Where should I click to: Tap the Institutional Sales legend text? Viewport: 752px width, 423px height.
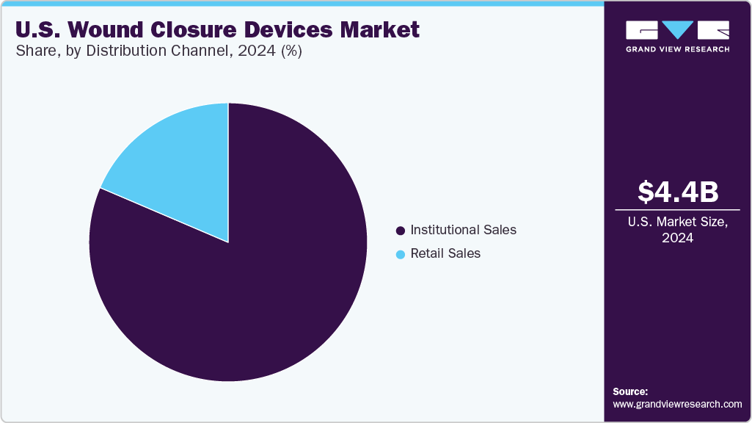point(463,230)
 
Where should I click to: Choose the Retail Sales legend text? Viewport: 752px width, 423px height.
point(445,253)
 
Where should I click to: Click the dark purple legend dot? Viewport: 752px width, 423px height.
point(401,231)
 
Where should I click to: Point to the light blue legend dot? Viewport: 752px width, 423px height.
point(401,254)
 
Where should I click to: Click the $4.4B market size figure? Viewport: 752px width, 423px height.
point(677,192)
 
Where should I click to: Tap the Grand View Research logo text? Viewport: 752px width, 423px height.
point(677,49)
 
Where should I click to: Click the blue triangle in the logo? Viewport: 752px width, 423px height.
point(677,30)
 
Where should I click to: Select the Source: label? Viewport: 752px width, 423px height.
point(630,391)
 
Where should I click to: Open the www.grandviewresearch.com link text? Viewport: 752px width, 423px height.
point(677,404)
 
